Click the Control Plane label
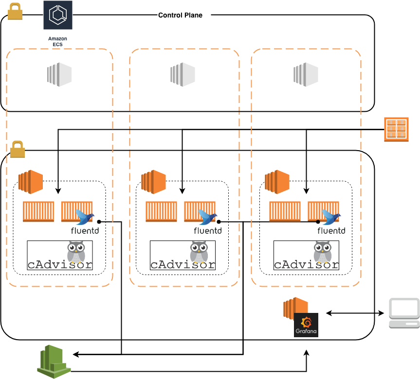[x=180, y=15]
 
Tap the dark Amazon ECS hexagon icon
[x=57, y=15]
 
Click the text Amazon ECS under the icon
[x=57, y=41]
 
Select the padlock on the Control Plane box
[x=15, y=11]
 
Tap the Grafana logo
[x=307, y=325]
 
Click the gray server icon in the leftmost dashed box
[x=59, y=74]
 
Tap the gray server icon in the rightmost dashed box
[x=305, y=74]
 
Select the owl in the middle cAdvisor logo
[x=199, y=252]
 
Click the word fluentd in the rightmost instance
[x=331, y=231]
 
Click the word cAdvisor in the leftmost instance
[x=59, y=265]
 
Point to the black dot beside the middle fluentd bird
[x=219, y=222]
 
